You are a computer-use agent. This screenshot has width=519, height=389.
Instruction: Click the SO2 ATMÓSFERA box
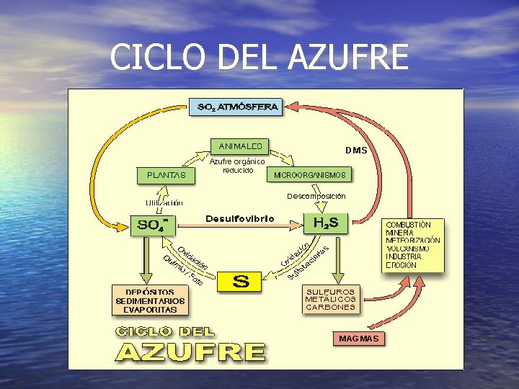(x=237, y=107)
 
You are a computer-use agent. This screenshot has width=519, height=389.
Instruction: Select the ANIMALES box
(x=239, y=145)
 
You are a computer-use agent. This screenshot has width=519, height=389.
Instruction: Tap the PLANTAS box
(x=167, y=175)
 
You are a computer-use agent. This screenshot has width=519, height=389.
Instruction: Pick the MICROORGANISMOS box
(x=309, y=175)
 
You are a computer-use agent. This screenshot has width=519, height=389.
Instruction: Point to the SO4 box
(x=153, y=225)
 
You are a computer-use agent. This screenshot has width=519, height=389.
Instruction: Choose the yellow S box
(x=241, y=281)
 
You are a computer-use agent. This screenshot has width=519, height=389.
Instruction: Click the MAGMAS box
(x=358, y=338)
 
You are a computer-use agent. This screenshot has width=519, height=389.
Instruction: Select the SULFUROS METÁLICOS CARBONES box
(x=331, y=299)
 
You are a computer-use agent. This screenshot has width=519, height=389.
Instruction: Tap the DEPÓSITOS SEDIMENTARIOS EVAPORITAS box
(x=151, y=300)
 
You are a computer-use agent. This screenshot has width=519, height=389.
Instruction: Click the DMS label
(x=356, y=151)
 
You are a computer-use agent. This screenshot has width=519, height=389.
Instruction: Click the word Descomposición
(x=316, y=196)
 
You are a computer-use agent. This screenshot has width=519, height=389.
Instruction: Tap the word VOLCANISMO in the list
(x=408, y=249)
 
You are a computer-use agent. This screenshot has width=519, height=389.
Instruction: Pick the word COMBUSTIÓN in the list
(x=409, y=225)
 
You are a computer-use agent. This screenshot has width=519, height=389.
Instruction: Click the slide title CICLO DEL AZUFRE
(x=259, y=57)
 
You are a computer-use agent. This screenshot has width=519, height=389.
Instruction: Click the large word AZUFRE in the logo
(x=191, y=352)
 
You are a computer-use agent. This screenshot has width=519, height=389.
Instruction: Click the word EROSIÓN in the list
(x=402, y=265)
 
